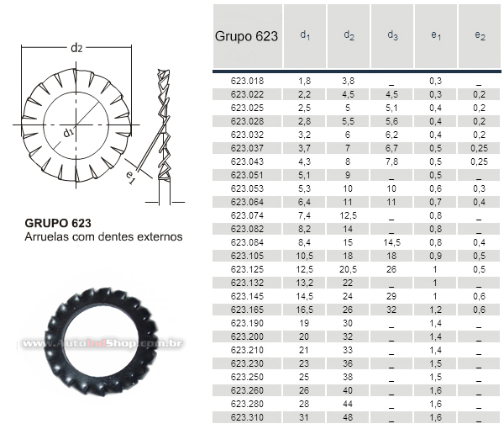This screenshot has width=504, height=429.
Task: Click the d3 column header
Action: coord(392,35)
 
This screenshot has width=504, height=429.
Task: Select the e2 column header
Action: coord(480,35)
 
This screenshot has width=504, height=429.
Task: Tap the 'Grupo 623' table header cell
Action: coord(246,36)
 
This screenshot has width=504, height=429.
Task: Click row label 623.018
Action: coord(247,81)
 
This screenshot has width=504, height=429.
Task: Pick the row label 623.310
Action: coord(247,417)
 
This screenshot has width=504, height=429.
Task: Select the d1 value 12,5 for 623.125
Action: coord(304,269)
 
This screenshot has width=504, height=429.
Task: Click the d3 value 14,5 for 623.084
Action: coord(391,242)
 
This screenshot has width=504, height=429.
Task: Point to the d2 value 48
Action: coord(348,417)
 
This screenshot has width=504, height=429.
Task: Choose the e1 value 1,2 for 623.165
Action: coord(435,310)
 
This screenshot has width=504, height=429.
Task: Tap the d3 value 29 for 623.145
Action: coord(391,296)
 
